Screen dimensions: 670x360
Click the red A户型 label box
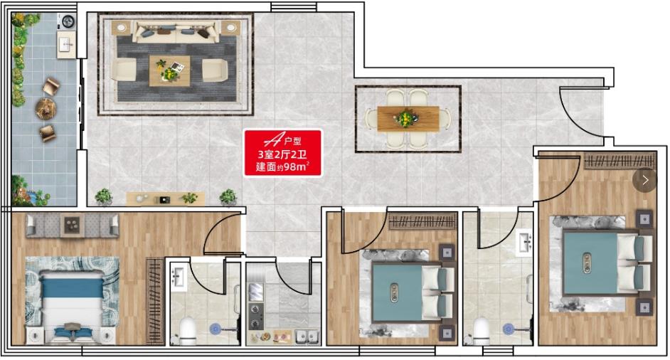[282, 153]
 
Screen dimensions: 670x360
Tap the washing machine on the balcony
[68, 21]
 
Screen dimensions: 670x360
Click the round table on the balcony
[46, 108]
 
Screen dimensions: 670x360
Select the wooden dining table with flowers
[408, 118]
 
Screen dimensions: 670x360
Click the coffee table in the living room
[170, 71]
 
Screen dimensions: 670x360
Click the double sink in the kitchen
[307, 337]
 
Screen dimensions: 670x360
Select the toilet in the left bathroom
[187, 331]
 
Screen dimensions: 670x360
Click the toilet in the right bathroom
[482, 331]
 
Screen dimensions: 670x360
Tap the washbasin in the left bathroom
[177, 277]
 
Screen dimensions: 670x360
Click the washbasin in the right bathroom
[524, 243]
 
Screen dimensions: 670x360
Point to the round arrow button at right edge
[645, 180]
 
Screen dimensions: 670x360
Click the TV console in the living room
[165, 198]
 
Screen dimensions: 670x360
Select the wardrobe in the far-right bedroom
[620, 161]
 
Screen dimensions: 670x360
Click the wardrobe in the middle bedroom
[422, 221]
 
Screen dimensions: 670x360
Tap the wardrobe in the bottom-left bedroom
[155, 300]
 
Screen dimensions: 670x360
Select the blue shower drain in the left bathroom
[216, 329]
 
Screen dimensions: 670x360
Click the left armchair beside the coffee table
[124, 70]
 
